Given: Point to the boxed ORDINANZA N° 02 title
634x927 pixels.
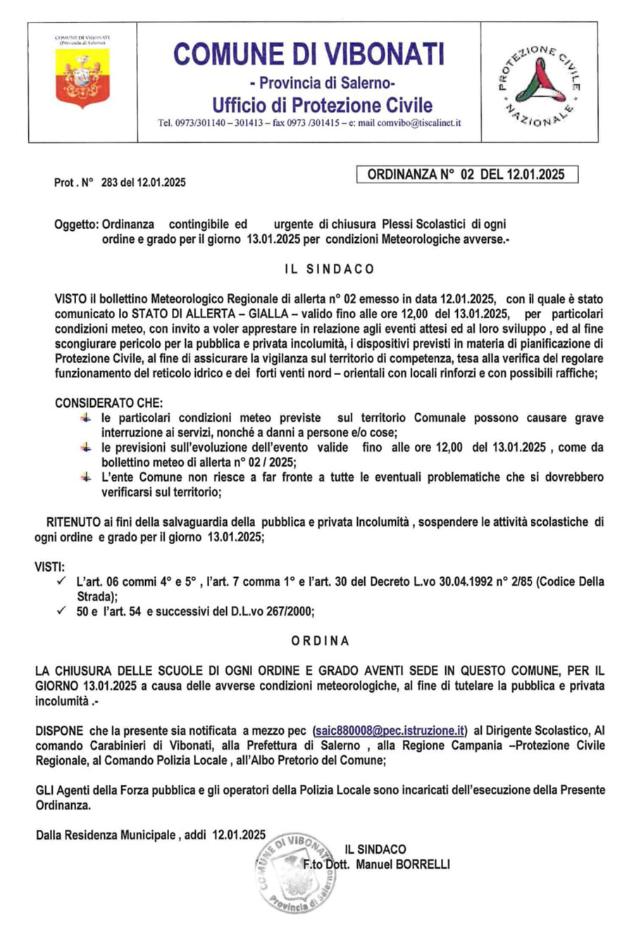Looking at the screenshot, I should pos(466,175).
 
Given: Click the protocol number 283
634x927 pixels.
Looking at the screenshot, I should pos(109,183).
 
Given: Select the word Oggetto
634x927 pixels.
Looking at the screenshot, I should pos(75,225).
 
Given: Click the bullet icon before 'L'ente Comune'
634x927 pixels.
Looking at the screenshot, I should pos(86,477).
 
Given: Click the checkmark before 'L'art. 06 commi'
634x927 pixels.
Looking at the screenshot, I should pos(61,581).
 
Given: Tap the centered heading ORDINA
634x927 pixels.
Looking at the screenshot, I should pos(321,641).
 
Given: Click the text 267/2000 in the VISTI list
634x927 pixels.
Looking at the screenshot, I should pos(290,612).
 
